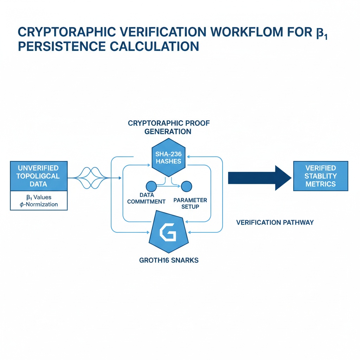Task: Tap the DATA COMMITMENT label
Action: tap(146, 198)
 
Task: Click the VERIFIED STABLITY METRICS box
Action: tap(320, 176)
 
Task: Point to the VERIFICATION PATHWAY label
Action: tap(275, 223)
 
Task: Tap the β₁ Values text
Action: tap(39, 197)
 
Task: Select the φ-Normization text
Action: tap(39, 204)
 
